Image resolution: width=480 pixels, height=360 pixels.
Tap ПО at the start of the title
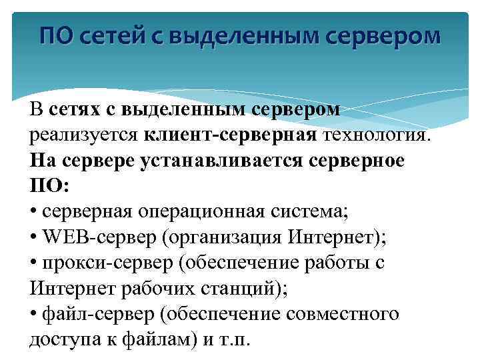(56, 35)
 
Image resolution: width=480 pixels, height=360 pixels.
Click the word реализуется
(83, 135)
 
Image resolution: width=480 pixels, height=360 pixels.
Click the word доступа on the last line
(62, 339)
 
